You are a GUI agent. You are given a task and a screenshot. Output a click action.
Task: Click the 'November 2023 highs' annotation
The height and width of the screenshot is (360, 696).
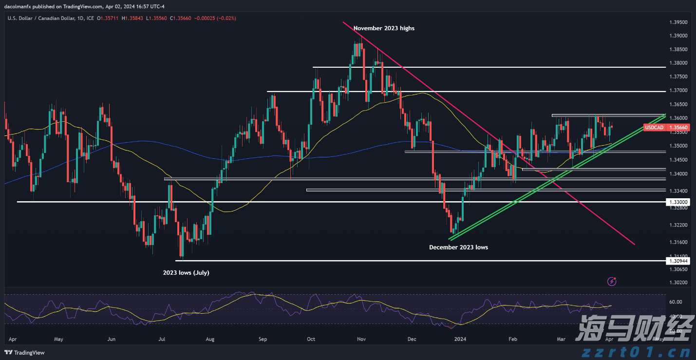point(384,28)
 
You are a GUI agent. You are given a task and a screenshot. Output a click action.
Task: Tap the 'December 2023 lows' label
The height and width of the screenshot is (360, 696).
point(458,247)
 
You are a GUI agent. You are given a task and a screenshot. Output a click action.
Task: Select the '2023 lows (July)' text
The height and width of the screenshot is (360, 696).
point(186,273)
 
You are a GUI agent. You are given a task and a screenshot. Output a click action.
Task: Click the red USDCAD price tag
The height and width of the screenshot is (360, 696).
point(654,128)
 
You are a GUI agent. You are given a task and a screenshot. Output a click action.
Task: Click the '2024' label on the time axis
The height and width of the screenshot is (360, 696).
point(460,339)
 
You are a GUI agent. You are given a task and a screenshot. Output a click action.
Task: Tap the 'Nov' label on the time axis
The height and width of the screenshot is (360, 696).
point(361,339)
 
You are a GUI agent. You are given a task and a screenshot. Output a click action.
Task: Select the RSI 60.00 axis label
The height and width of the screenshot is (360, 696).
point(675,302)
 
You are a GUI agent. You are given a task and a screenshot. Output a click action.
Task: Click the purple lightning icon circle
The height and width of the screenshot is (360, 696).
point(612,281)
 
